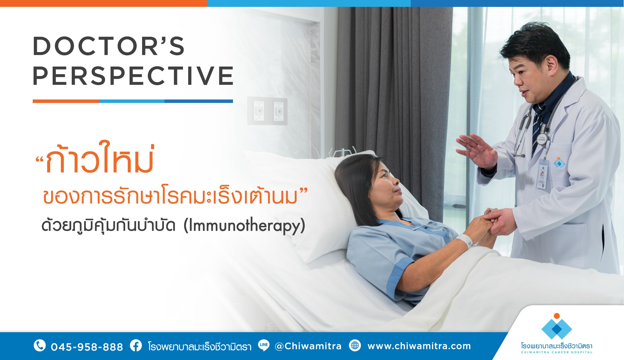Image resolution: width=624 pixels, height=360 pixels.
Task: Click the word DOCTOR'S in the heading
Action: tap(109, 46)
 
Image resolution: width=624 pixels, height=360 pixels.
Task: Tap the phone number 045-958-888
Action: tap(87, 347)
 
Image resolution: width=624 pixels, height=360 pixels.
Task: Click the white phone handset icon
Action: tap(40, 346)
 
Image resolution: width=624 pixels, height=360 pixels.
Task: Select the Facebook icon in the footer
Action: tap(136, 346)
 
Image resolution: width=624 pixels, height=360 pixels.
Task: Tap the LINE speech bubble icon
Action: tap(263, 345)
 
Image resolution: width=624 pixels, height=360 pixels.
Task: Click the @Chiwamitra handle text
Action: tap(308, 346)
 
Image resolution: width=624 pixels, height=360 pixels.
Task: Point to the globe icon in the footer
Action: tap(355, 346)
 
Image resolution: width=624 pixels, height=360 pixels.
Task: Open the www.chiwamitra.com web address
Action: tap(419, 346)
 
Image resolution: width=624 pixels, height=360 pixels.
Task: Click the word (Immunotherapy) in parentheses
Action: tap(244, 226)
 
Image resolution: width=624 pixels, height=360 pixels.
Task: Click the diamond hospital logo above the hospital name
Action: tap(557, 326)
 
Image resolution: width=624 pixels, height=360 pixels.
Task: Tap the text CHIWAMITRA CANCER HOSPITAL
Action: tap(557, 352)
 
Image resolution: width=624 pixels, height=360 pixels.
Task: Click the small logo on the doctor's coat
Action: tap(559, 163)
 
